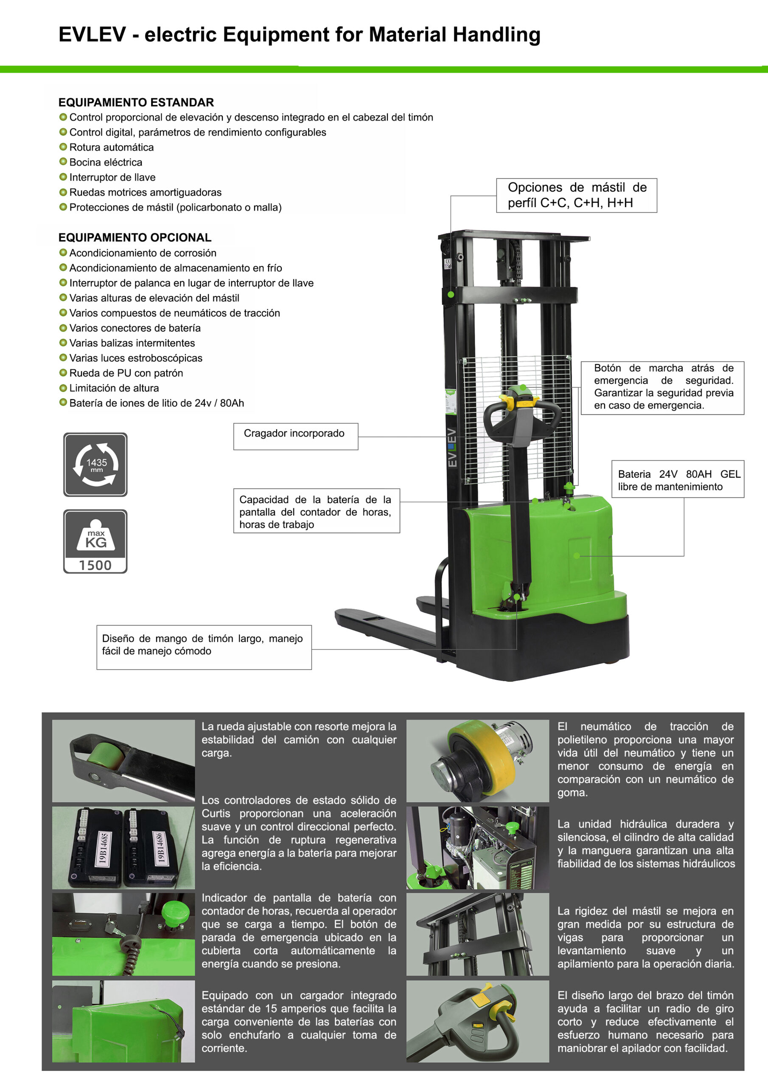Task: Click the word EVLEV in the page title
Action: [x=92, y=34]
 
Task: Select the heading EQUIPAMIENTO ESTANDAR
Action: [x=136, y=102]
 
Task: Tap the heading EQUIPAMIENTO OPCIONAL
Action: [x=135, y=237]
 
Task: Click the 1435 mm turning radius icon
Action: [x=95, y=465]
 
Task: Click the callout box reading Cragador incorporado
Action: [x=296, y=436]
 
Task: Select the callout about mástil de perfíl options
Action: [x=576, y=195]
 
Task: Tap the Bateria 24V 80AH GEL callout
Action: [x=678, y=479]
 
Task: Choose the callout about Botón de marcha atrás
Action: [x=662, y=387]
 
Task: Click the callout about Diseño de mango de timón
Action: [x=204, y=647]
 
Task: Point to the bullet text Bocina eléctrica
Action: [x=106, y=162]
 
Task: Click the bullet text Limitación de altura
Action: [x=114, y=388]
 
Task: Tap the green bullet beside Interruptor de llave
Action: [x=63, y=177]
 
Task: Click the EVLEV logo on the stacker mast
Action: [x=452, y=448]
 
